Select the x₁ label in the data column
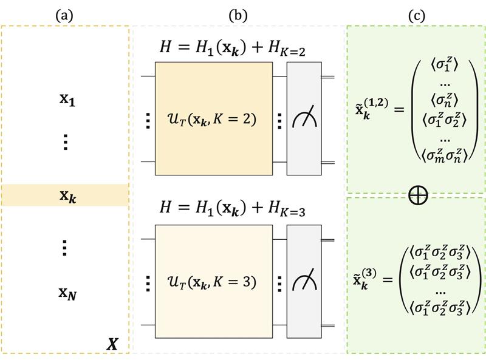pos(67,99)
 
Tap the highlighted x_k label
pos(67,196)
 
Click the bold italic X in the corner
pos(112,344)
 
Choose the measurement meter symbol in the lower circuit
pos(304,282)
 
